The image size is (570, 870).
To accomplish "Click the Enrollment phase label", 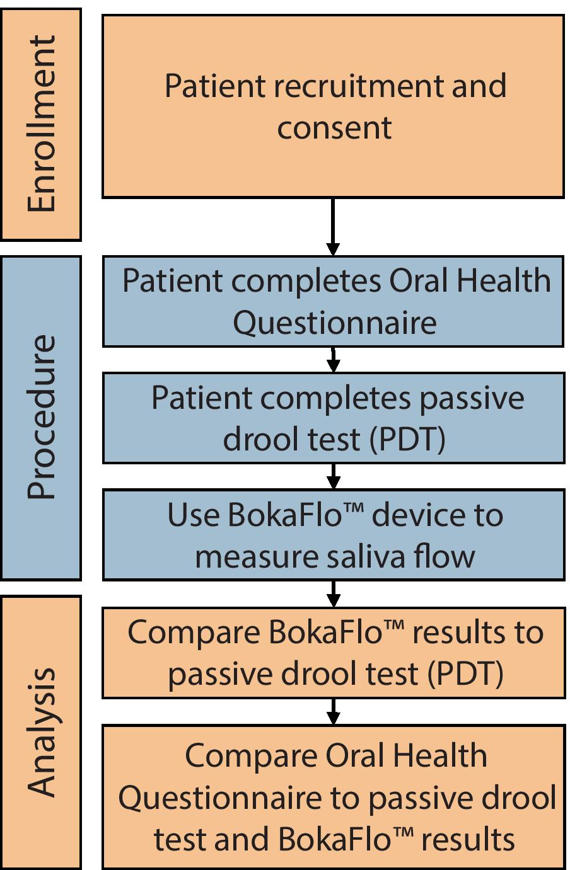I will pyautogui.click(x=42, y=123).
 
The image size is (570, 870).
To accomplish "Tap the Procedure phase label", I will pyautogui.click(x=42, y=417).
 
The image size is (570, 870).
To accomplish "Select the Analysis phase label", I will pyautogui.click(x=42, y=732).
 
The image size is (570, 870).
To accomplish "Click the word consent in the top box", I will pyautogui.click(x=334, y=128).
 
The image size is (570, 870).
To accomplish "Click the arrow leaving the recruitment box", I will pyautogui.click(x=333, y=227).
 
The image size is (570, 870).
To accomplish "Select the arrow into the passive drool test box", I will pyautogui.click(x=334, y=360).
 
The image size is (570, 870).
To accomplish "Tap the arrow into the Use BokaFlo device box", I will pyautogui.click(x=334, y=477).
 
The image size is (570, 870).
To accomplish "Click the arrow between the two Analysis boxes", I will pyautogui.click(x=334, y=711).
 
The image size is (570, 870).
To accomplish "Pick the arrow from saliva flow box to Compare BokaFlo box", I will pyautogui.click(x=334, y=594).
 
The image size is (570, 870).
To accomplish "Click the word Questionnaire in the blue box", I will pyautogui.click(x=334, y=323).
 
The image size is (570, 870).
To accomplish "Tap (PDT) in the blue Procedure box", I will pyautogui.click(x=407, y=440).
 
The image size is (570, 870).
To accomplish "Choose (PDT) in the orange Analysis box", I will pyautogui.click(x=465, y=674).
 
